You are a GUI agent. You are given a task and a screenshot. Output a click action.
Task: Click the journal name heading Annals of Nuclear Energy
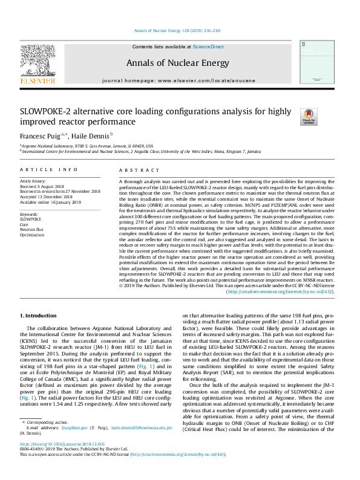click(177, 63)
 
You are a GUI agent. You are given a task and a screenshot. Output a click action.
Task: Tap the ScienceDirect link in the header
click(208, 47)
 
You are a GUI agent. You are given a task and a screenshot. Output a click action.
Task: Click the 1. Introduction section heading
click(39, 316)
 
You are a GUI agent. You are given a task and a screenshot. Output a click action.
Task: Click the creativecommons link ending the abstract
click(279, 291)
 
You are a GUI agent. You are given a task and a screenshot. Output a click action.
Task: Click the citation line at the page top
click(177, 31)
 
